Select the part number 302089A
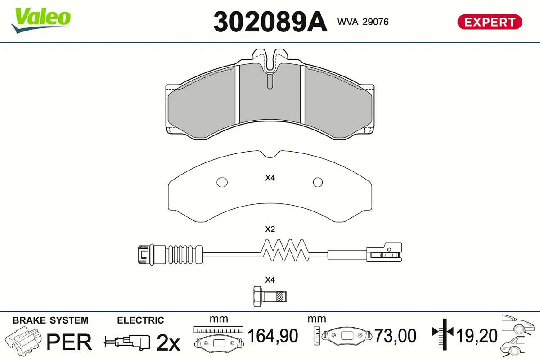tap(270, 22)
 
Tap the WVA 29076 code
tap(363, 22)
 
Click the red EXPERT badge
tap(490, 22)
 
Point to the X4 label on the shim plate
tap(270, 178)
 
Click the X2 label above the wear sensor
tap(270, 229)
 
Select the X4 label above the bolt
tap(270, 279)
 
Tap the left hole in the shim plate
tap(221, 182)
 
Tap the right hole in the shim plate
tap(318, 182)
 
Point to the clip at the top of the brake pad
tap(269, 61)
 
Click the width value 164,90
tap(273, 336)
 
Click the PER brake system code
tap(69, 342)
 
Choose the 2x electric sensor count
tap(167, 343)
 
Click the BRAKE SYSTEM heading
tap(50, 320)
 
